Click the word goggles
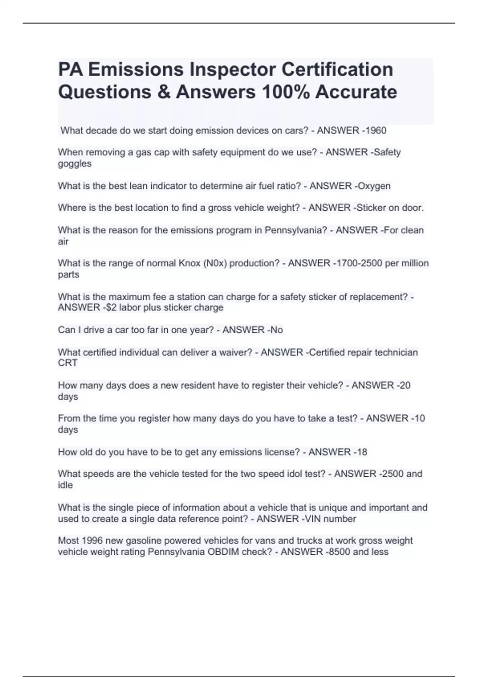click(74, 164)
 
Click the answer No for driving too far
click(276, 330)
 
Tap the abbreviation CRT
click(68, 363)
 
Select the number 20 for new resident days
click(405, 385)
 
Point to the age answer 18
click(362, 452)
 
